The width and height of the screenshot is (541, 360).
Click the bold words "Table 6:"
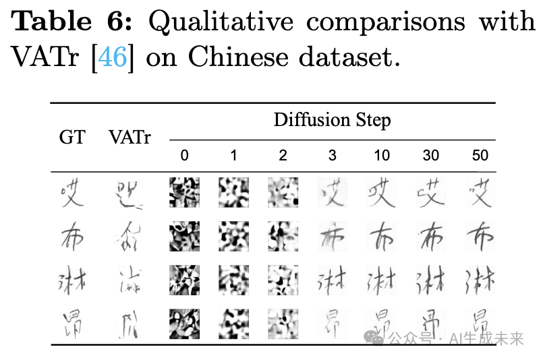(74, 22)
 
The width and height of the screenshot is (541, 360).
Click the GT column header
(73, 138)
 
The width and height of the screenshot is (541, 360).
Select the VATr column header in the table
(130, 138)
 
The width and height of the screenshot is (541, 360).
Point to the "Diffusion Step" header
(332, 121)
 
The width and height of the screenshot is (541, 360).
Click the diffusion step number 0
(184, 156)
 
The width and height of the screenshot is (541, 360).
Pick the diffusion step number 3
(332, 156)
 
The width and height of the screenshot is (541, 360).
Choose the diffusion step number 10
(382, 156)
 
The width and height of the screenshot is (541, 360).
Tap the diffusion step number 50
(480, 156)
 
